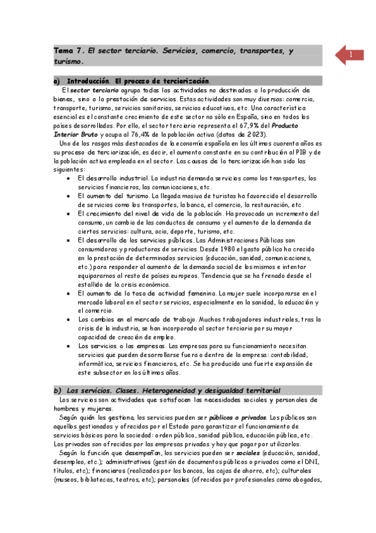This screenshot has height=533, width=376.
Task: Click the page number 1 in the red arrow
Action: click(350, 55)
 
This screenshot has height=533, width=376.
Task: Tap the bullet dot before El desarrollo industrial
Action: click(68, 179)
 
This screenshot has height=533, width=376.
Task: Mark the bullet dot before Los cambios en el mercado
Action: click(68, 319)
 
